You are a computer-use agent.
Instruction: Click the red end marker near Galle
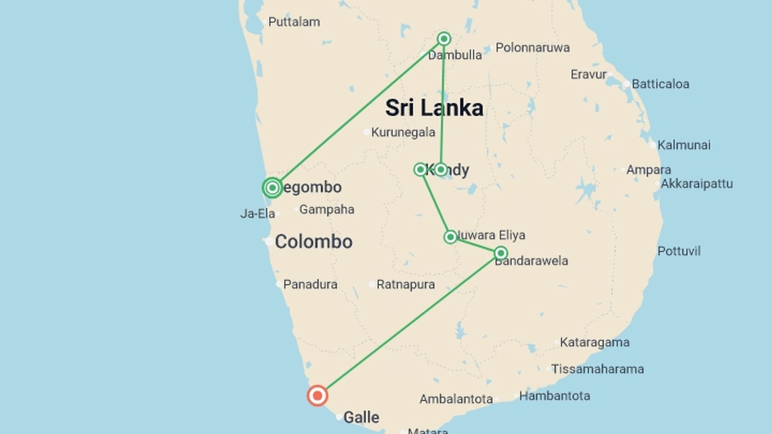point(317,396)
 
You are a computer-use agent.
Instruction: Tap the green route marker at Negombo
point(272,188)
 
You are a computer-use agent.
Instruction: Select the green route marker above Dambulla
point(444,39)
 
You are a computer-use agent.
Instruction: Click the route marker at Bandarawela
point(501,253)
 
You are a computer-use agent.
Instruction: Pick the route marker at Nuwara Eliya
point(450,237)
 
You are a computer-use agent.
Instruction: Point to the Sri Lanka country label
point(434,108)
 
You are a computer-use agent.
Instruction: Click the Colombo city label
point(314,242)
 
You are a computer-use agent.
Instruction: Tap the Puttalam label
point(294,22)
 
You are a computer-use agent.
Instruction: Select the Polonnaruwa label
point(532,47)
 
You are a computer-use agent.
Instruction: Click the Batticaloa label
point(660,84)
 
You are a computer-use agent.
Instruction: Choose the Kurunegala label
point(403,132)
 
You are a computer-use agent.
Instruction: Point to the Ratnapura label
point(405,285)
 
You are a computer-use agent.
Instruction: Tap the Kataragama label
point(595,342)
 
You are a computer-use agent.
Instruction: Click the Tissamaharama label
point(597,369)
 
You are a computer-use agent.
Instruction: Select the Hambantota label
point(554,396)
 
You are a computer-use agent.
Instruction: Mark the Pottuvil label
point(679,251)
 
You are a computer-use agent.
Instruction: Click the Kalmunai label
point(684,145)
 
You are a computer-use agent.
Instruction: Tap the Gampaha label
point(327,209)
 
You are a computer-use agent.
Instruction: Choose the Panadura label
point(310,285)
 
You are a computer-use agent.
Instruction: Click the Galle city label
point(361,418)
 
